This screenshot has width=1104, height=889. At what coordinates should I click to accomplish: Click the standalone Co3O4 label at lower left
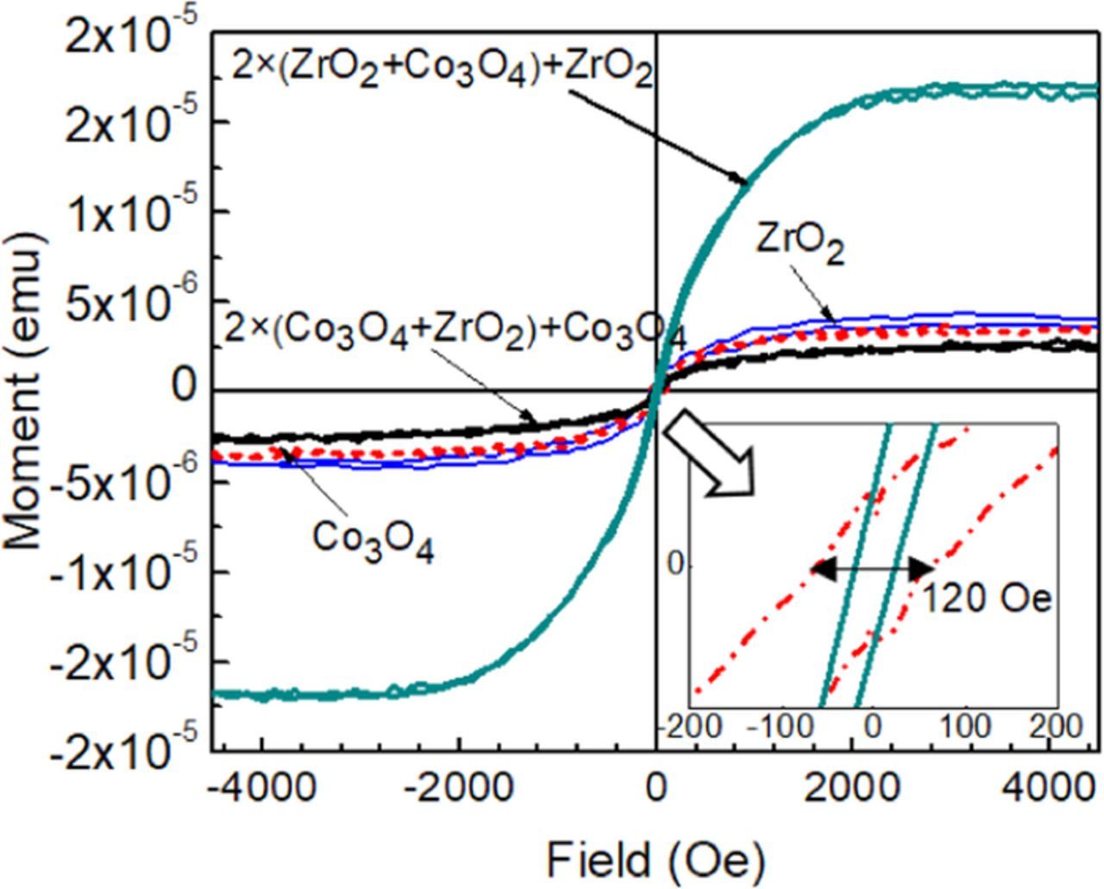(x=373, y=540)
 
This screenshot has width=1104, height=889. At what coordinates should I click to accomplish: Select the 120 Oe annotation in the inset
(x=988, y=598)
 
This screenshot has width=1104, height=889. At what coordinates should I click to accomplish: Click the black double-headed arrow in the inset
(x=874, y=568)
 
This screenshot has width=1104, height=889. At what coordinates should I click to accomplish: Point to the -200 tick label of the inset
(x=695, y=725)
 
